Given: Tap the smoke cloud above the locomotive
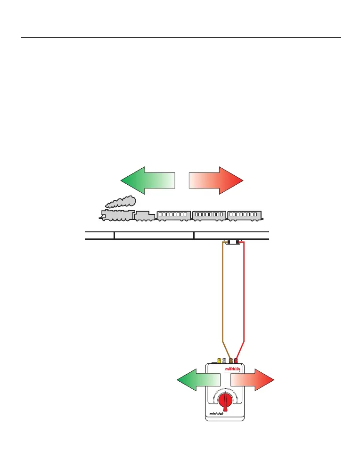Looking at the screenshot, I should pyautogui.click(x=121, y=202).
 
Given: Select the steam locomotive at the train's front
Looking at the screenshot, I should pyautogui.click(x=117, y=215).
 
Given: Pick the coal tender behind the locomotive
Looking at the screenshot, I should pyautogui.click(x=145, y=215).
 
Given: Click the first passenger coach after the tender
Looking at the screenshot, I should pyautogui.click(x=174, y=214).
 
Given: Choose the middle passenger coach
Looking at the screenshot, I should pyautogui.click(x=209, y=214).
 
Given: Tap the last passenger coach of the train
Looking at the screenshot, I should pyautogui.click(x=245, y=214).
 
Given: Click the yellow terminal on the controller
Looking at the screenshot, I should pyautogui.click(x=219, y=361).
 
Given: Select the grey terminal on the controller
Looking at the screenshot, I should pyautogui.click(x=225, y=361).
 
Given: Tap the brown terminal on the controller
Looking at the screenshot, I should pyautogui.click(x=230, y=361).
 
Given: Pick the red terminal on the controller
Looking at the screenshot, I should pyautogui.click(x=236, y=361).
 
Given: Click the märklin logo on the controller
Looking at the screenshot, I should pyautogui.click(x=233, y=369).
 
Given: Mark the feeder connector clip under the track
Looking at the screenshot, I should pyautogui.click(x=233, y=242).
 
